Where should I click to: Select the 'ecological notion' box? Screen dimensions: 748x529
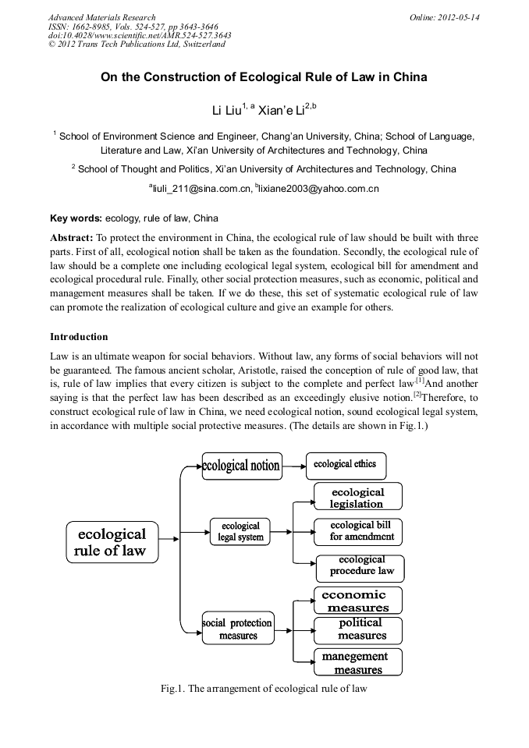(x=240, y=466)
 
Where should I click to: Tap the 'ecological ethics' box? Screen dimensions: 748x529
(x=345, y=465)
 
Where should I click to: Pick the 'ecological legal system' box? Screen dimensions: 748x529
(x=241, y=531)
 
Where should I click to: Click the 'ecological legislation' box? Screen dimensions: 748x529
(x=358, y=498)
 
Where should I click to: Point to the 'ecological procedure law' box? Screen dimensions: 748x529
(x=360, y=566)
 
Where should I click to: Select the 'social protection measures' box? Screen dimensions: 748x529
(x=238, y=629)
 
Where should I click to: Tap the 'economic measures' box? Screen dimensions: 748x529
(x=358, y=601)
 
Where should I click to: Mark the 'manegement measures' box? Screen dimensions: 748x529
(x=358, y=662)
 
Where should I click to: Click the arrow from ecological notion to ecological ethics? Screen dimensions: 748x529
(x=293, y=466)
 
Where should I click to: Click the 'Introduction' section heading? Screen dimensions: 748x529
(x=79, y=337)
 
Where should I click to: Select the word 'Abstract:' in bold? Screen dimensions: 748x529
(x=72, y=237)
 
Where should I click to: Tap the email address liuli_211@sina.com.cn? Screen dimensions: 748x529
(x=200, y=188)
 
